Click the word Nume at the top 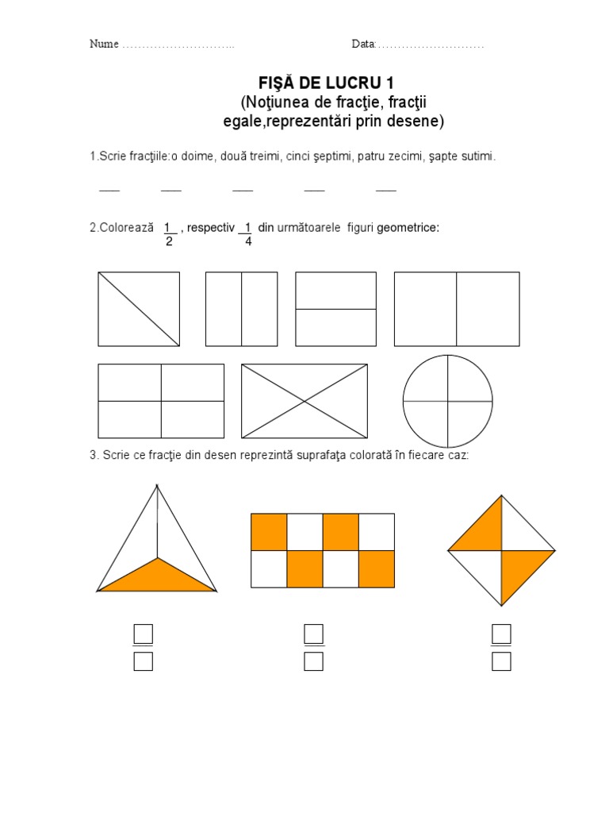coord(104,44)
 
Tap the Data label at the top coord(363,44)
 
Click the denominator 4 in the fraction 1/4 coord(248,241)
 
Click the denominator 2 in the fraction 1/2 coord(169,241)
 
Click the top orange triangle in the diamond coord(484,531)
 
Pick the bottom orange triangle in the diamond coord(519,570)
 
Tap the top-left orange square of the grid coord(269,532)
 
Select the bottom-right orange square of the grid coord(377,568)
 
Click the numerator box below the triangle coord(144,634)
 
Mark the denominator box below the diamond coord(501,661)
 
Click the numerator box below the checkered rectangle coord(314,634)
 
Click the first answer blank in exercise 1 coord(109,191)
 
